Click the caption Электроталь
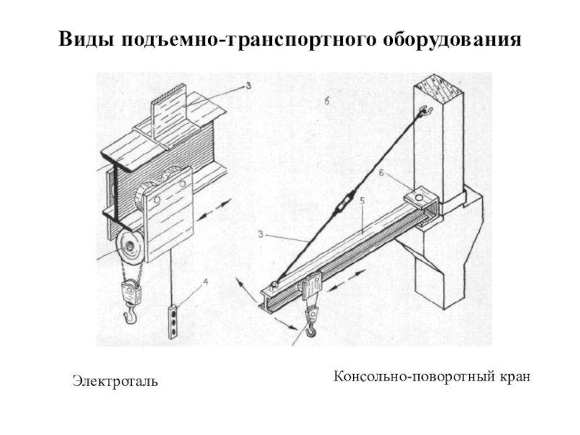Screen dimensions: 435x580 pos(115,380)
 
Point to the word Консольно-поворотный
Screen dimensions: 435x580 pos(415,376)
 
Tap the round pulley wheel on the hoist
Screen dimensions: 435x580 pos(130,250)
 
